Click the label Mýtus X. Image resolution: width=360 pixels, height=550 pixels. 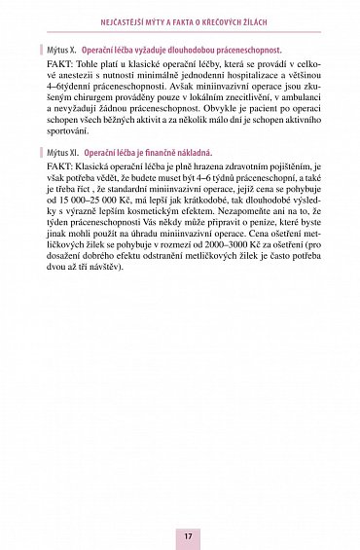[x=61, y=46]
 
